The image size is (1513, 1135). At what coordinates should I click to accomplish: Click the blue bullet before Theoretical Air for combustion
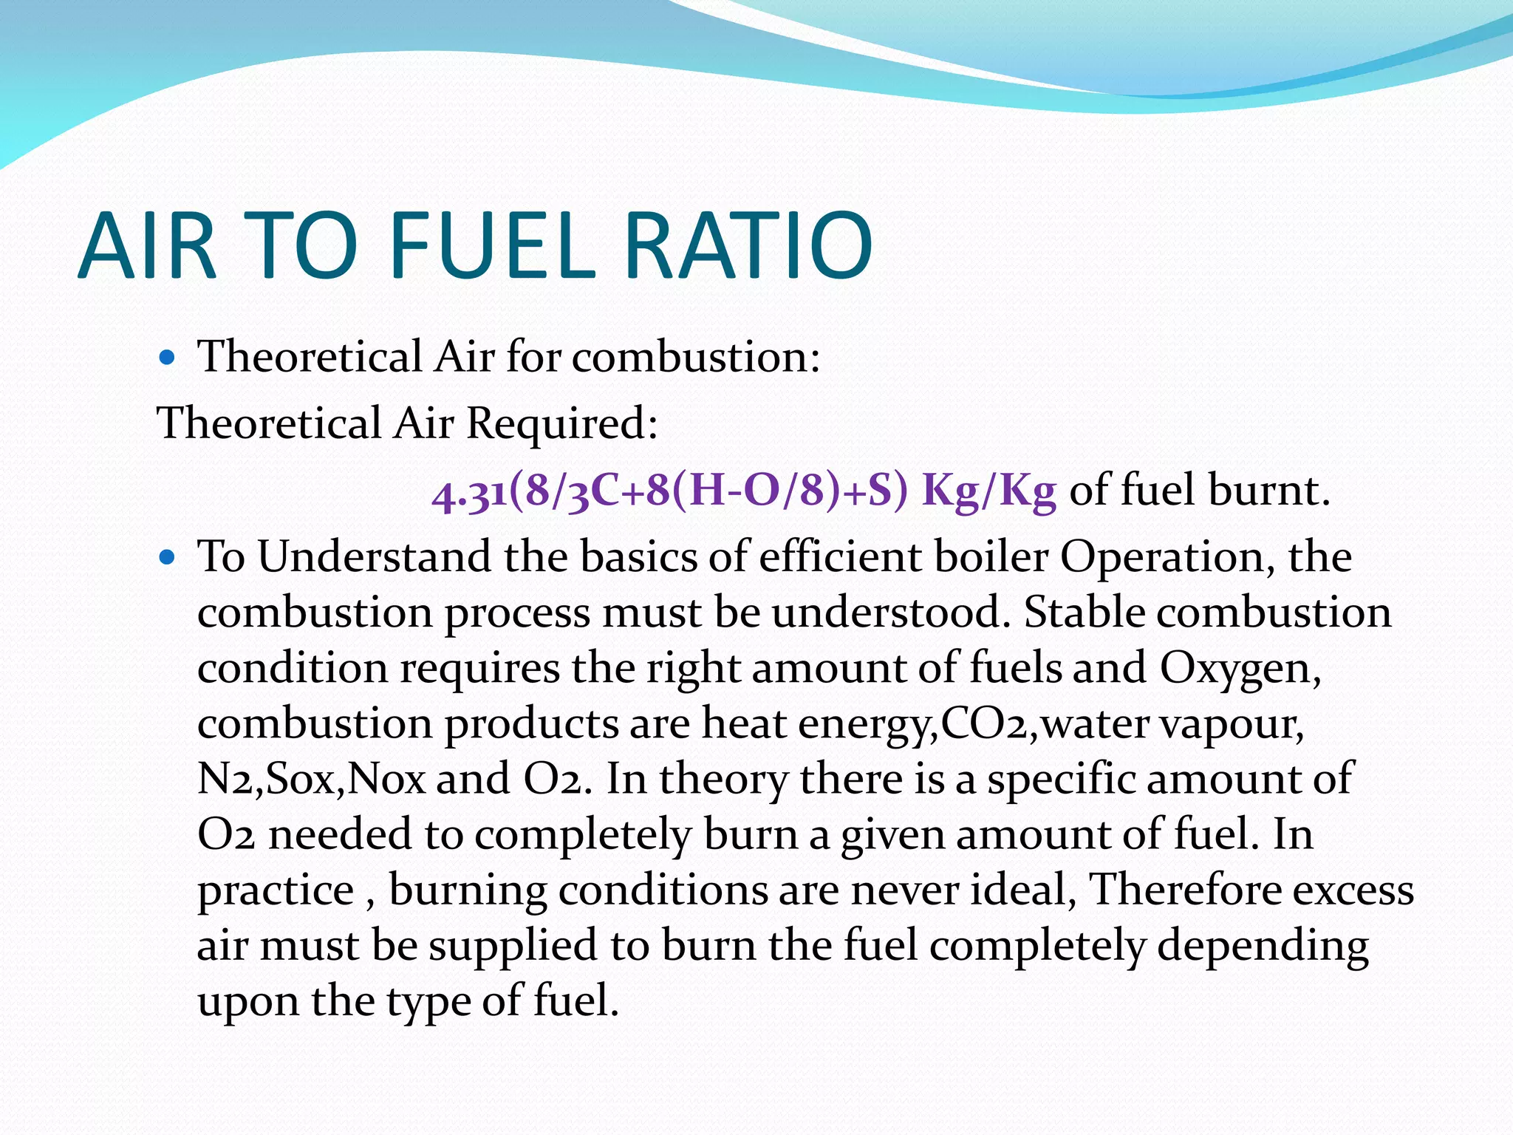[x=168, y=359]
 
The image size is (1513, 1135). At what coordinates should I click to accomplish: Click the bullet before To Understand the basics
[x=168, y=559]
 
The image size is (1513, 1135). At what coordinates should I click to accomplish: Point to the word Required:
[x=562, y=424]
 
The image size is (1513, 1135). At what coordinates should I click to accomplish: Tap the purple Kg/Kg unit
[x=989, y=491]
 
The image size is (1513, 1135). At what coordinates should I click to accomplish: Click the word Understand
[x=374, y=557]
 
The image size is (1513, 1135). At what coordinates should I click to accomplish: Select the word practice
[x=276, y=891]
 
